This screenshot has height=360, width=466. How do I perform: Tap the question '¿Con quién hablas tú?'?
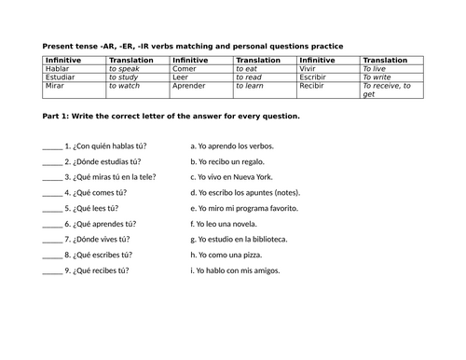click(x=105, y=145)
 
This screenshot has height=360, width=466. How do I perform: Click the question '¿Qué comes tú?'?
click(x=95, y=192)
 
